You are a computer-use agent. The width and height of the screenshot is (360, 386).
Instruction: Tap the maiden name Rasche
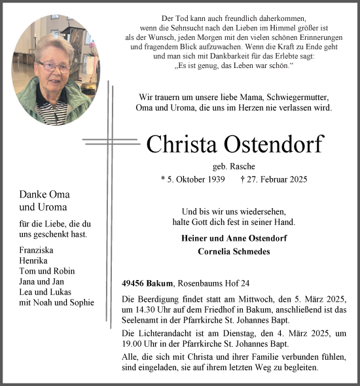(x=243, y=166)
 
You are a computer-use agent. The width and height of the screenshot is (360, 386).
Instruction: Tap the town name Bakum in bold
(x=160, y=283)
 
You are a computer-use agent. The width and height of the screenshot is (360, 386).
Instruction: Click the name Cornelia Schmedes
(x=234, y=251)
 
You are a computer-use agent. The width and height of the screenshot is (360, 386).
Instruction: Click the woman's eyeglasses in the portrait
(x=54, y=67)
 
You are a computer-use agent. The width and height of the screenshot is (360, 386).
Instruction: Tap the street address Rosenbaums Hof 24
(x=214, y=283)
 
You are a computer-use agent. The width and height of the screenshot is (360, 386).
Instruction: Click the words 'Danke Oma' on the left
(x=45, y=194)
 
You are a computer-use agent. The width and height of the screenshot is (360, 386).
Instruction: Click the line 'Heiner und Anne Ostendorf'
(x=234, y=238)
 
